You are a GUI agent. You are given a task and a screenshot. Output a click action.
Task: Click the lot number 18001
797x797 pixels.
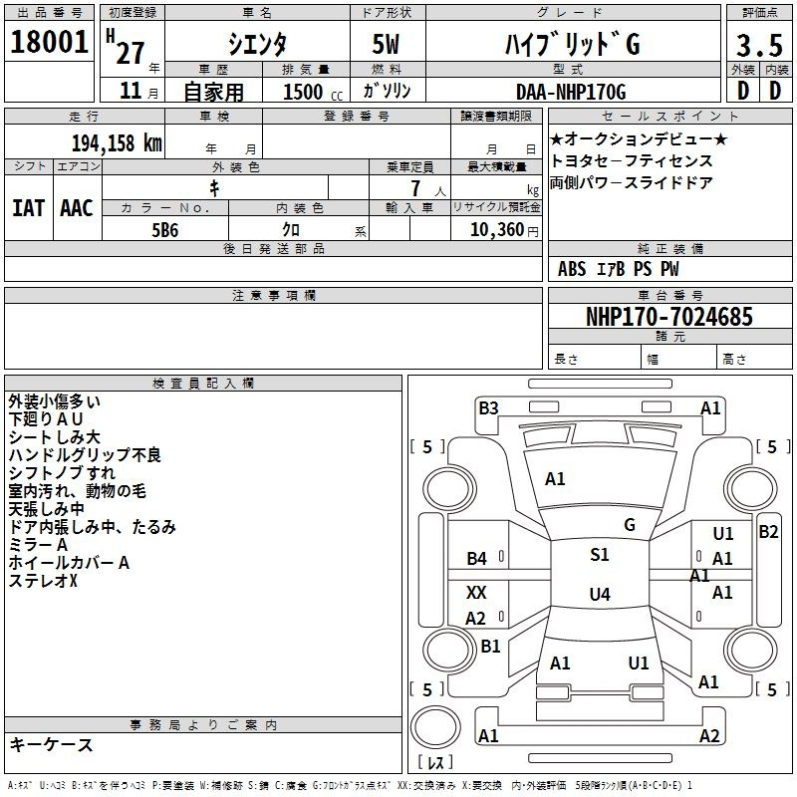(49, 42)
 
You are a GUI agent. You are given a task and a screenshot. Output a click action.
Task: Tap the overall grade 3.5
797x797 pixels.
(759, 46)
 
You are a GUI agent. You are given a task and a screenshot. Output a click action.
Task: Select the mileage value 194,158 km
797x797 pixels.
(117, 143)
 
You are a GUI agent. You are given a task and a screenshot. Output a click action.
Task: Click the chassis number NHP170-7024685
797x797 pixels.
(669, 317)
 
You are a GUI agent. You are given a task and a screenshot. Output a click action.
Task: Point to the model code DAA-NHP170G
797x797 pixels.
(571, 92)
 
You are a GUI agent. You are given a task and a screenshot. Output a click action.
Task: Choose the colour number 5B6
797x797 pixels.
(165, 230)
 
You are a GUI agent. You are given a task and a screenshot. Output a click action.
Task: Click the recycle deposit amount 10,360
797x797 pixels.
(497, 230)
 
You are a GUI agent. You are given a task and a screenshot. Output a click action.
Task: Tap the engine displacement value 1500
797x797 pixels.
(303, 92)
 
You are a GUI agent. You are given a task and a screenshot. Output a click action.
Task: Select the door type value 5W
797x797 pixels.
(386, 44)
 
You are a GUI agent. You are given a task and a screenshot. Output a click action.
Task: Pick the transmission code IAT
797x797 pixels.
(29, 208)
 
